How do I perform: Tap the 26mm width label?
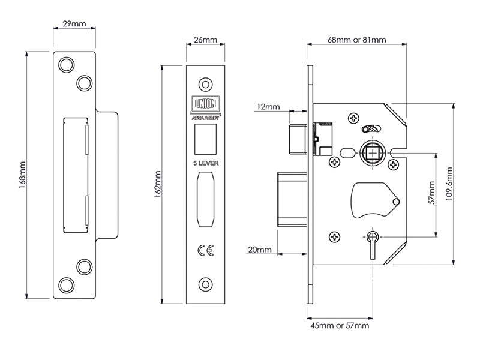pyautogui.click(x=205, y=40)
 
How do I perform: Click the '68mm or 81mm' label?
pyautogui.click(x=356, y=40)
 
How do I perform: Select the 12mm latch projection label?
pyautogui.click(x=268, y=107)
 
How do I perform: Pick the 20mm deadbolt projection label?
pyautogui.click(x=259, y=249)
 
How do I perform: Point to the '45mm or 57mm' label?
pyautogui.click(x=340, y=326)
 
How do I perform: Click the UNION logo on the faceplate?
pyautogui.click(x=205, y=103)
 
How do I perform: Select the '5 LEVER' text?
pyautogui.click(x=205, y=162)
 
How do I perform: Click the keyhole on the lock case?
pyautogui.click(x=373, y=245)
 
